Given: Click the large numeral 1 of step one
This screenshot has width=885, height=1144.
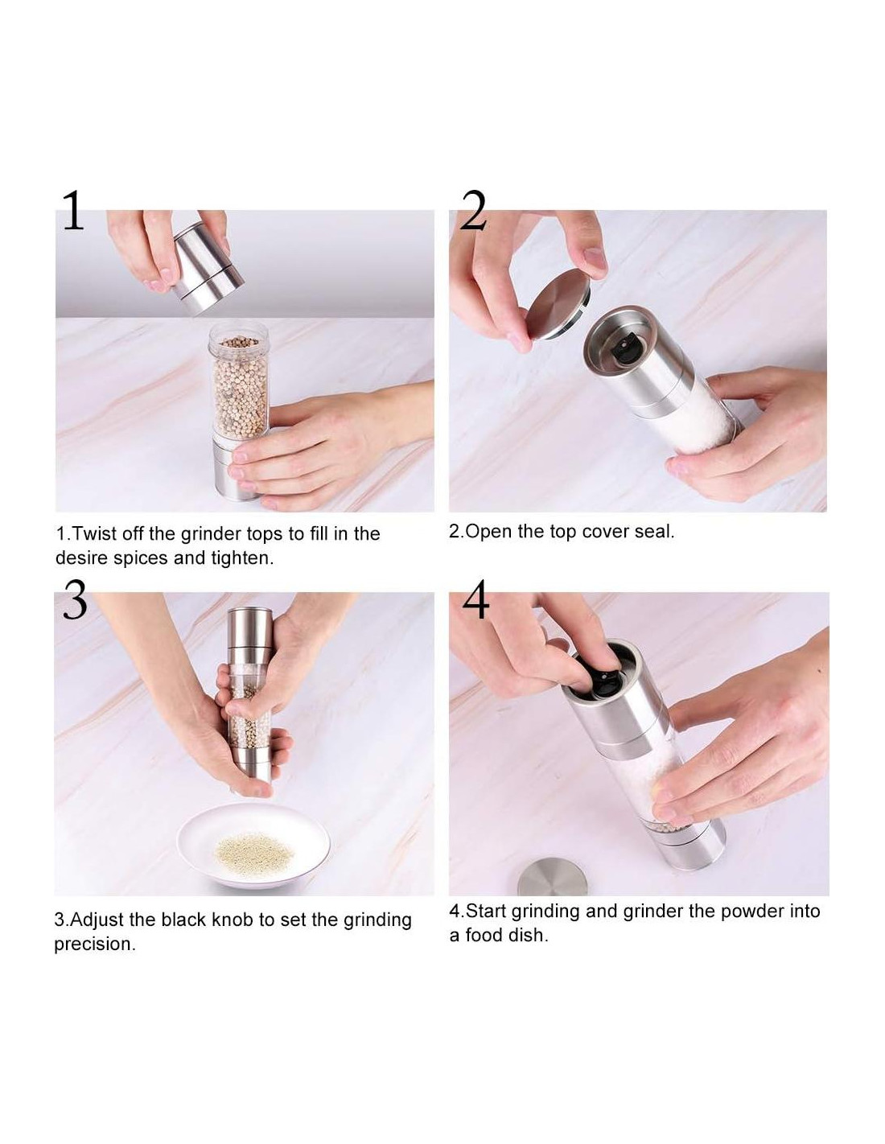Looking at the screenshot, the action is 73,210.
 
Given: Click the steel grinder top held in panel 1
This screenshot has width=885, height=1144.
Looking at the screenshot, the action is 208,269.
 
